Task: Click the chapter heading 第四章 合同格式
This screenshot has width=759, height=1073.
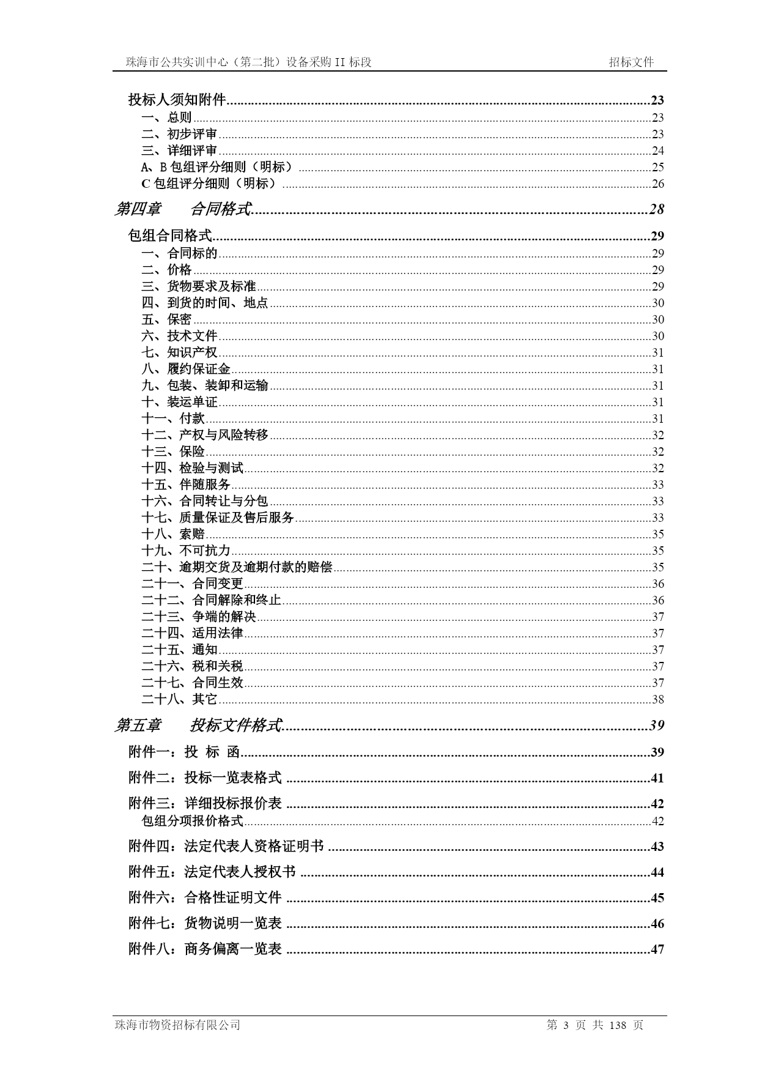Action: [x=183, y=209]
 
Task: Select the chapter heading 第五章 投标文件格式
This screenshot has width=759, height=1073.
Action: [x=199, y=726]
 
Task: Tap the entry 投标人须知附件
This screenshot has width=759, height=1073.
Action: [x=177, y=100]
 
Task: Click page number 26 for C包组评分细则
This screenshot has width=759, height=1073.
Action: [x=657, y=184]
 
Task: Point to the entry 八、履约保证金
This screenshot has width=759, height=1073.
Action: [x=186, y=369]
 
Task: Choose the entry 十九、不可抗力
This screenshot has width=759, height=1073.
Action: [x=186, y=551]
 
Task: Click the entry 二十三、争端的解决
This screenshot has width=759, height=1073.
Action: [x=199, y=617]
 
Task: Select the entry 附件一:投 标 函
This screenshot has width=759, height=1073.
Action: [x=183, y=752]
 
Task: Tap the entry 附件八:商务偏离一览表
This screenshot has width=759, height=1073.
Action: [x=205, y=949]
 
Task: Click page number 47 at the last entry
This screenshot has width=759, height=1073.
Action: [x=657, y=949]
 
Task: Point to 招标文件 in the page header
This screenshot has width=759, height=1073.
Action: [x=631, y=62]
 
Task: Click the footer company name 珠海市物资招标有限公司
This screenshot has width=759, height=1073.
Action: [x=177, y=1025]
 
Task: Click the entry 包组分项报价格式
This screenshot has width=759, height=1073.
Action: [x=193, y=821]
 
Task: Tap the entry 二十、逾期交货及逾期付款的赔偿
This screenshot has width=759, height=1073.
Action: [x=237, y=567]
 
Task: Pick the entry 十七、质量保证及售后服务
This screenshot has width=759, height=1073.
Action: [x=218, y=518]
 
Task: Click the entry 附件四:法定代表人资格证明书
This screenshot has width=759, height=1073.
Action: [x=226, y=846]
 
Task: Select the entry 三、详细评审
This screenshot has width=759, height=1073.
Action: [x=179, y=150]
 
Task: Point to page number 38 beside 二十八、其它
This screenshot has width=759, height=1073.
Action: [x=658, y=699]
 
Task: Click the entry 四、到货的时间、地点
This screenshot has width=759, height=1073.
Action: [x=205, y=303]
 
